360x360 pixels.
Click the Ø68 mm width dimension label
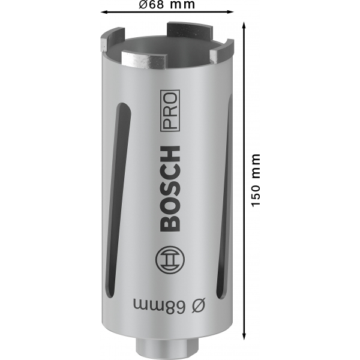pos(167,4)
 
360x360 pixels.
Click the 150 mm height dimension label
pos(256,181)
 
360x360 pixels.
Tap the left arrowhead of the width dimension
pos(104,12)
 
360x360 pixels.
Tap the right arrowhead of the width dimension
pos(230,12)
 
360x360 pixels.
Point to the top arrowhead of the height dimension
pos(244,25)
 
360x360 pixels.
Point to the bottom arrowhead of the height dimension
pos(244,336)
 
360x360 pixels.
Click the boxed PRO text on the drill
pos(170,110)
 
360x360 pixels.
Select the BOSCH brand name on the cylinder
pos(169,188)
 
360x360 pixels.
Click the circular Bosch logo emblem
pos(170,260)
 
